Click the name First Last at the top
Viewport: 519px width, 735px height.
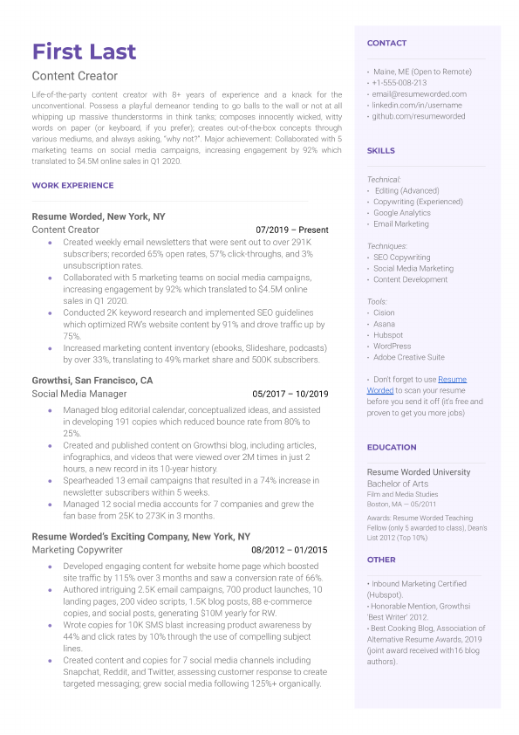point(84,50)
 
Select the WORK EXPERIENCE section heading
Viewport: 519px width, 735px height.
point(72,185)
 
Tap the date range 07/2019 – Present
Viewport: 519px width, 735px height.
point(291,230)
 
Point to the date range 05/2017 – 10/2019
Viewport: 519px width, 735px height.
point(290,394)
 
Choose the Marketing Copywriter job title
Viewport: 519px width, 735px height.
point(77,550)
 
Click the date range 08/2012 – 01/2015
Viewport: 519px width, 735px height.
point(290,550)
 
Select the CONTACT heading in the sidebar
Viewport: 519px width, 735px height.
point(386,43)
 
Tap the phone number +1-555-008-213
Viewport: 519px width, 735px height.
point(399,83)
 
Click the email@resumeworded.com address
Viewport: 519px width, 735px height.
point(419,94)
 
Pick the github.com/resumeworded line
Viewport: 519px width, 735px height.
point(419,116)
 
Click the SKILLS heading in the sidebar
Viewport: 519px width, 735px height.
point(381,151)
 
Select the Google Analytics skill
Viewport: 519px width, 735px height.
point(401,213)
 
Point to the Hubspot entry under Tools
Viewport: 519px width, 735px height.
point(387,335)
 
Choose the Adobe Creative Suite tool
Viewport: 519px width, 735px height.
point(408,357)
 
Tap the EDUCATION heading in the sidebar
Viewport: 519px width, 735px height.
point(392,447)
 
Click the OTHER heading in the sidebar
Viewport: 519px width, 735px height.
point(381,560)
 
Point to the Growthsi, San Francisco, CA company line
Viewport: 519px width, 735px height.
point(92,381)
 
